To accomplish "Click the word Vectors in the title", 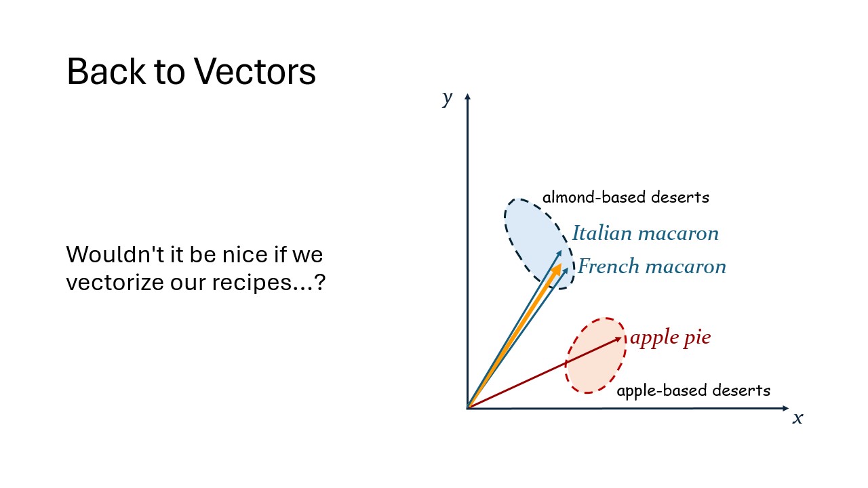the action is point(254,72).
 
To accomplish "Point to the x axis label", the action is point(797,418).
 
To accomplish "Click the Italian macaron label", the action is point(645,233).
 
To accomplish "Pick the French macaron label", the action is point(652,266).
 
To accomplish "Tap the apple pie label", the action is point(671,338).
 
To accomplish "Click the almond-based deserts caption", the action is point(626,197).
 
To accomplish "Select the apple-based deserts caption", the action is point(694,390).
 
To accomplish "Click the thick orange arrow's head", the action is point(557,269).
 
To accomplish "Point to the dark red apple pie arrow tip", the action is point(621,338).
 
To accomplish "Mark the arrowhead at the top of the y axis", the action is point(468,94).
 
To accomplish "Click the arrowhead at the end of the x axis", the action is point(788,408).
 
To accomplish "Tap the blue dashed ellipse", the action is point(505,224).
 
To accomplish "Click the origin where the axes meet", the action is point(468,408).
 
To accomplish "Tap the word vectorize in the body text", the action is point(115,282).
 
